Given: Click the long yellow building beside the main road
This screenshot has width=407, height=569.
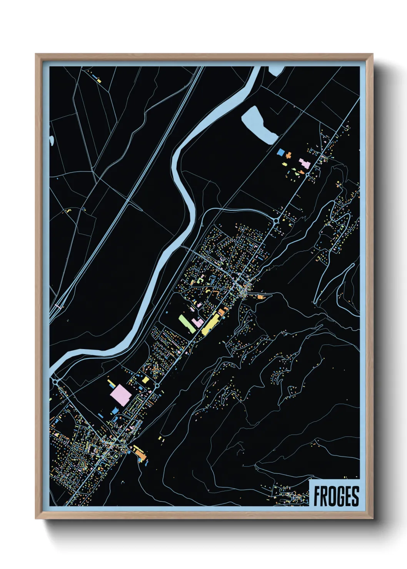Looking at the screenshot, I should coord(210,324).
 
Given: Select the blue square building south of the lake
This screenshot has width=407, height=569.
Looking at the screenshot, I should coord(281,152).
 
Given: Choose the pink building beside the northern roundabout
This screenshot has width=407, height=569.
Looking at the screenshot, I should coord(304,163).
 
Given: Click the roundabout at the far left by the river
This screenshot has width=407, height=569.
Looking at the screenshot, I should coord(55,382).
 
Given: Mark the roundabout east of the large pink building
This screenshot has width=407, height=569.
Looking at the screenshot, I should coord(157,385).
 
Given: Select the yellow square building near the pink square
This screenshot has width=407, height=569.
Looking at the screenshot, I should coord(146,380).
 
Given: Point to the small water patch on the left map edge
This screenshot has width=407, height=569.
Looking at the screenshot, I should coord(51,140).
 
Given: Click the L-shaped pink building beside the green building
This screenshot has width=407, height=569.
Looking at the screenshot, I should coord(197,322).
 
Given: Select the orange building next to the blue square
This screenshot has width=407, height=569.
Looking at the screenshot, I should coord(288,155).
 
